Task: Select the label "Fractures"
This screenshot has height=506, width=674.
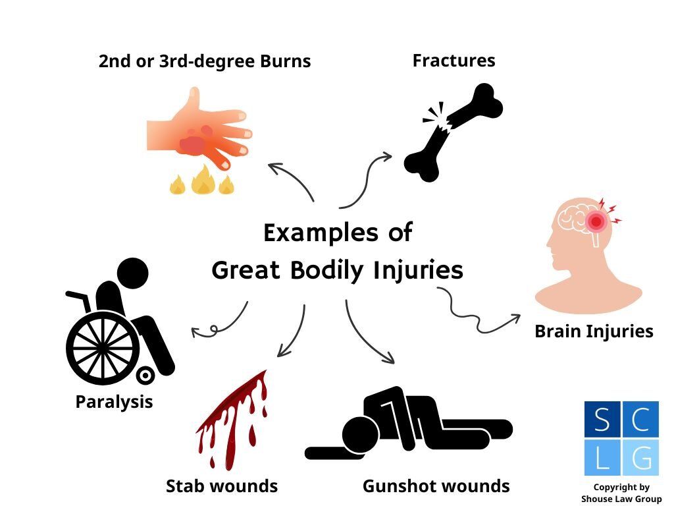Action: [454, 61]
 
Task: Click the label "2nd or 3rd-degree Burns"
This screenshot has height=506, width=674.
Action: [204, 62]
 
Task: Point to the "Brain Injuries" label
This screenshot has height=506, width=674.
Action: [594, 331]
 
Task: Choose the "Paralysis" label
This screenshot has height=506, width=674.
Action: [114, 401]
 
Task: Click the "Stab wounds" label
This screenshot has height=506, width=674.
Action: [222, 486]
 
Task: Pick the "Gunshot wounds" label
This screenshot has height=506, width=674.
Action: [436, 486]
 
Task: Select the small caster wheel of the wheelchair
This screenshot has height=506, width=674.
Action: [145, 376]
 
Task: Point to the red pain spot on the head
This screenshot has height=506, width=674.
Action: [596, 221]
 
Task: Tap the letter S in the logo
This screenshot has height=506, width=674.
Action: [602, 419]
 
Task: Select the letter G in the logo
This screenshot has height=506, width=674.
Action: [640, 457]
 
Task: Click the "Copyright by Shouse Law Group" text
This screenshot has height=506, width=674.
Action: [621, 493]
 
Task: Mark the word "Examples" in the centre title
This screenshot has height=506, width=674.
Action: [309, 233]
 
